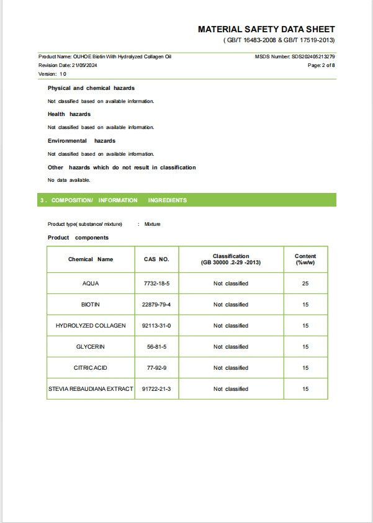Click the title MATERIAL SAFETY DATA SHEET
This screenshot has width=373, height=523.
click(x=266, y=29)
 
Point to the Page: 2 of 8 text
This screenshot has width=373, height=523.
click(x=321, y=65)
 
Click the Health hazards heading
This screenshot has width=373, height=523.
click(x=69, y=114)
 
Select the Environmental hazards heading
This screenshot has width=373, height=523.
click(x=81, y=141)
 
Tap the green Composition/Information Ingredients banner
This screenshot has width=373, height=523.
click(x=187, y=200)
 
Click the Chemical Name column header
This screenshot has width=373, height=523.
click(x=91, y=259)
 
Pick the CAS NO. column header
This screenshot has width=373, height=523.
click(x=156, y=259)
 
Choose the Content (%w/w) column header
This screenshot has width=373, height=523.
click(x=305, y=259)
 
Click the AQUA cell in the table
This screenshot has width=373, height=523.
click(x=91, y=284)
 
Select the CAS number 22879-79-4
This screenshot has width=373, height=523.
click(x=156, y=305)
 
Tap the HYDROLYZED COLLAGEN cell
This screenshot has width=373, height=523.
click(x=91, y=326)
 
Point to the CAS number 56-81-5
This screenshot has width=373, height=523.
click(x=156, y=347)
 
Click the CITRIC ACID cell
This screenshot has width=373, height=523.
click(x=91, y=368)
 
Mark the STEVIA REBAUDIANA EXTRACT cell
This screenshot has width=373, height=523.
click(x=91, y=389)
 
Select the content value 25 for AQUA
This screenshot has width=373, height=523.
click(x=305, y=284)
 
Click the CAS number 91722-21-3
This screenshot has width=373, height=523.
click(x=156, y=389)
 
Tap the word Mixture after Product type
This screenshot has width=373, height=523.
click(x=152, y=224)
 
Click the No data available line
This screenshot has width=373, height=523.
click(x=69, y=181)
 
